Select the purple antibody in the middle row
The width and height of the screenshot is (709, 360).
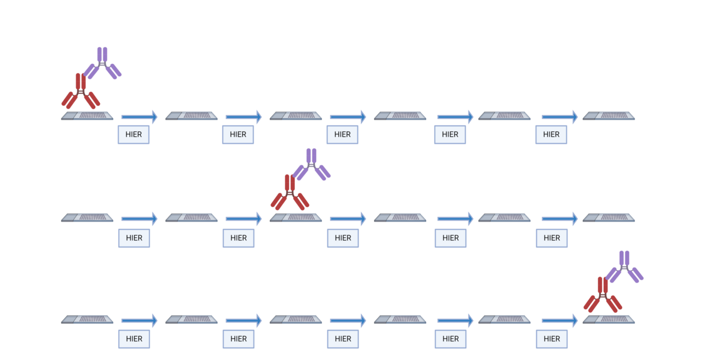[311, 164]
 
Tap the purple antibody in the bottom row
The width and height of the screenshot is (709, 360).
[625, 267]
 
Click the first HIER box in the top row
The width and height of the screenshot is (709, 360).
[134, 135]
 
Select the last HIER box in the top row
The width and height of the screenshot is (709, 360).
[551, 135]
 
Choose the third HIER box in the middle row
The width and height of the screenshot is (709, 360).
[343, 238]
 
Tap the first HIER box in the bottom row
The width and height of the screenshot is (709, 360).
[134, 339]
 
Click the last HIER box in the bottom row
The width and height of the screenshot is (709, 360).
[551, 339]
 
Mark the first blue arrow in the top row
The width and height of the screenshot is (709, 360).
[139, 116]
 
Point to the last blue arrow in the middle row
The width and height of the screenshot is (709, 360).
[560, 218]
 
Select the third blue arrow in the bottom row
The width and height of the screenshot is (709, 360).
[348, 320]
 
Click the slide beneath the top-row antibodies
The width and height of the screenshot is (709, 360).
[87, 116]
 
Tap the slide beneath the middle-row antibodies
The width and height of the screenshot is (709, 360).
[296, 218]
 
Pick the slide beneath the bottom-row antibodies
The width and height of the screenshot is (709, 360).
[609, 319]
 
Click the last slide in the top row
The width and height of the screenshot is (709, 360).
[609, 116]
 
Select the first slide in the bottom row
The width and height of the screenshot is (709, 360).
[87, 319]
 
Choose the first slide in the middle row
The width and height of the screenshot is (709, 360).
[87, 218]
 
